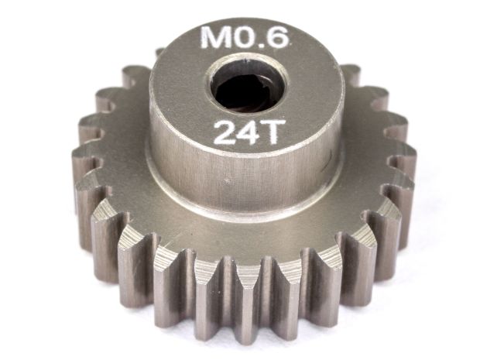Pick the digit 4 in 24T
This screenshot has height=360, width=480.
pos(249,132)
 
